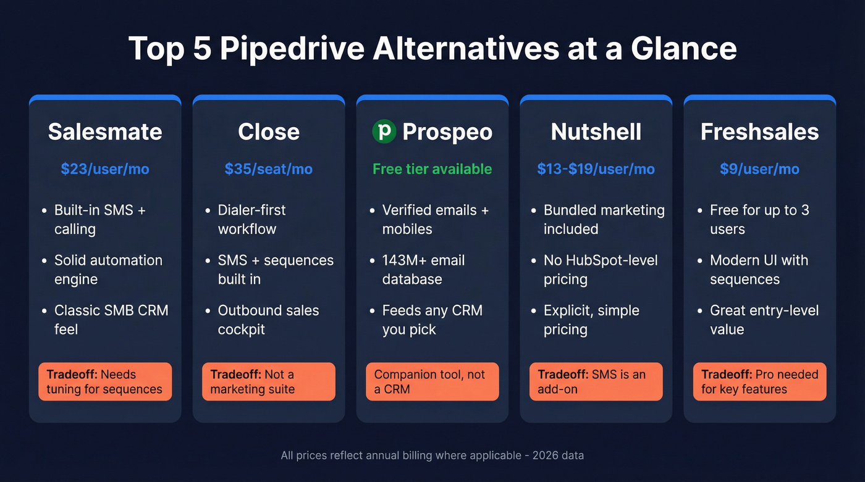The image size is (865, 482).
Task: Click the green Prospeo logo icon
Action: [384, 131]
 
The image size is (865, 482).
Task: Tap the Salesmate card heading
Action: [105, 131]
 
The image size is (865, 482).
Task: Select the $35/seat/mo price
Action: [269, 169]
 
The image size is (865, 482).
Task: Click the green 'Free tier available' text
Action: [432, 169]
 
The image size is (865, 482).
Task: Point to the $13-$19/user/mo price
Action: [596, 169]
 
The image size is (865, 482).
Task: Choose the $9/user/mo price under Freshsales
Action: [759, 169]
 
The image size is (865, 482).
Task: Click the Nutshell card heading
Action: [596, 131]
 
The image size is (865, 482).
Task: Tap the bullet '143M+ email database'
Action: [423, 270]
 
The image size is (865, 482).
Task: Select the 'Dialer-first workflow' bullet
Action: [251, 219]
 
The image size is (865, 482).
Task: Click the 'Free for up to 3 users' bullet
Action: [759, 219]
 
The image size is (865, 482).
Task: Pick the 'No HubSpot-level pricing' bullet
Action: [600, 270]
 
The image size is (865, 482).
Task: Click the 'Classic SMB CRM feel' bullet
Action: [111, 320]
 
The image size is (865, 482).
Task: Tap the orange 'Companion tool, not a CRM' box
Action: [432, 381]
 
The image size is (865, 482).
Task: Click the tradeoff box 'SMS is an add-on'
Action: [596, 381]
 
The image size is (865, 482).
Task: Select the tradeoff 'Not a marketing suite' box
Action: [269, 381]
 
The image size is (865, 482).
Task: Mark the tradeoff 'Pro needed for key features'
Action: [759, 381]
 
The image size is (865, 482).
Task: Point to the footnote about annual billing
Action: [432, 455]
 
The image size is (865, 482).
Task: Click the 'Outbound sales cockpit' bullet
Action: [268, 320]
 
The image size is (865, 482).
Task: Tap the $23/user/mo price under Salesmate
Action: [105, 169]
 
